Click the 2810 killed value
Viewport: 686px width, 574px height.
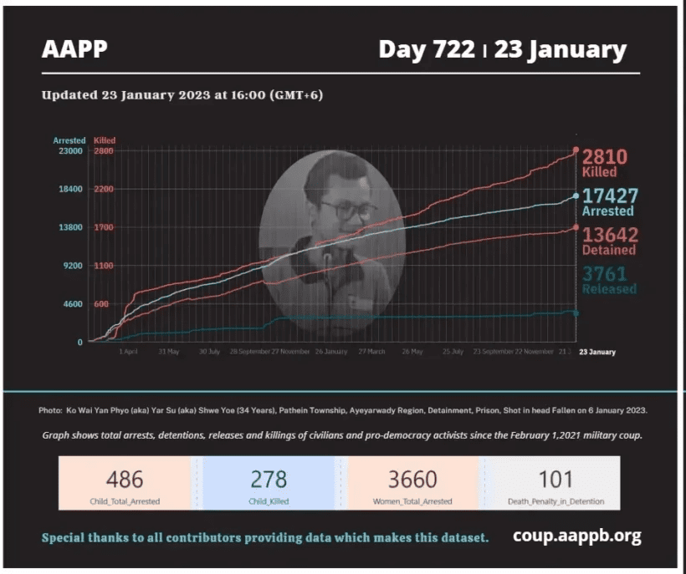(x=604, y=156)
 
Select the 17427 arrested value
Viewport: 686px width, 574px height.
(x=609, y=196)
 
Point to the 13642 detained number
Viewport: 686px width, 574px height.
(x=609, y=235)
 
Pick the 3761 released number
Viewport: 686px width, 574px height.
(x=604, y=274)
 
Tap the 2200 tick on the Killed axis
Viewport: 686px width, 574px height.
(x=103, y=190)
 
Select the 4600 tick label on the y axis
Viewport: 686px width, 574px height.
(x=70, y=304)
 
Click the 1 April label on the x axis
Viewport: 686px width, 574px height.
(x=128, y=352)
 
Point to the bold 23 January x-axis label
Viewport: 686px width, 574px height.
(x=596, y=352)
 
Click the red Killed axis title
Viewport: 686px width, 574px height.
(x=105, y=140)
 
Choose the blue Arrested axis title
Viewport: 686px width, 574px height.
(x=69, y=140)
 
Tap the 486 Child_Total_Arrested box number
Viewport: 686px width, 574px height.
(x=125, y=479)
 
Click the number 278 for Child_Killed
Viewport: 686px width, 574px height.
(x=269, y=479)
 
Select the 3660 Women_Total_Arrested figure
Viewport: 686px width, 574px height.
(x=412, y=479)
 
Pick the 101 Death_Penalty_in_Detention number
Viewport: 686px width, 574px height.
(x=555, y=479)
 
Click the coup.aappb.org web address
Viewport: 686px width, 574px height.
(x=576, y=536)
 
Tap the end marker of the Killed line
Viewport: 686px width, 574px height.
(x=576, y=150)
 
